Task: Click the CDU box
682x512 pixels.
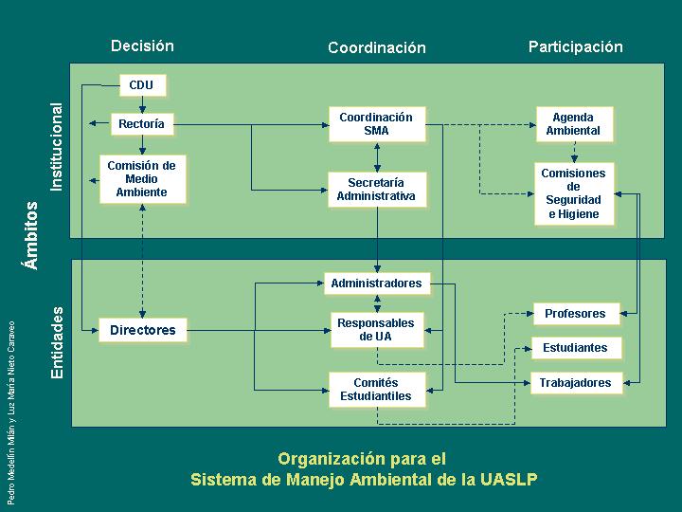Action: click(142, 85)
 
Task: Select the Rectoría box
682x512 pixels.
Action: click(141, 124)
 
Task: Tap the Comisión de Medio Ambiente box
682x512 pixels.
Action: click(141, 179)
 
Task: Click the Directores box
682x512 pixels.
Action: click(143, 330)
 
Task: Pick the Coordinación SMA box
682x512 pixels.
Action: click(376, 124)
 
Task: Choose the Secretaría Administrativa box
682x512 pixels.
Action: click(376, 190)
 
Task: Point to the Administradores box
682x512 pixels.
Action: click(376, 283)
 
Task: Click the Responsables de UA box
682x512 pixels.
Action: click(376, 330)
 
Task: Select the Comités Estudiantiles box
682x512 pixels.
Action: click(376, 389)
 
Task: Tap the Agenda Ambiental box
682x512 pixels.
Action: click(573, 124)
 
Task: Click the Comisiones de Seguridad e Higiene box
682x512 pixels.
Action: click(573, 193)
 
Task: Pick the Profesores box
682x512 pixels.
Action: click(575, 314)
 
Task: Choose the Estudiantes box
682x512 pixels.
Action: click(575, 348)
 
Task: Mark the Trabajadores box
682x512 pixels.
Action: click(575, 383)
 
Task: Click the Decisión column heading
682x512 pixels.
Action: click(142, 46)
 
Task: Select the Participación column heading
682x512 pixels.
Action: click(576, 46)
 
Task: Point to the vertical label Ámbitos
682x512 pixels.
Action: click(32, 235)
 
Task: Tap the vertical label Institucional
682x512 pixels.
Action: click(57, 146)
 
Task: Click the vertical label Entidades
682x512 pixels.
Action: click(57, 342)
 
